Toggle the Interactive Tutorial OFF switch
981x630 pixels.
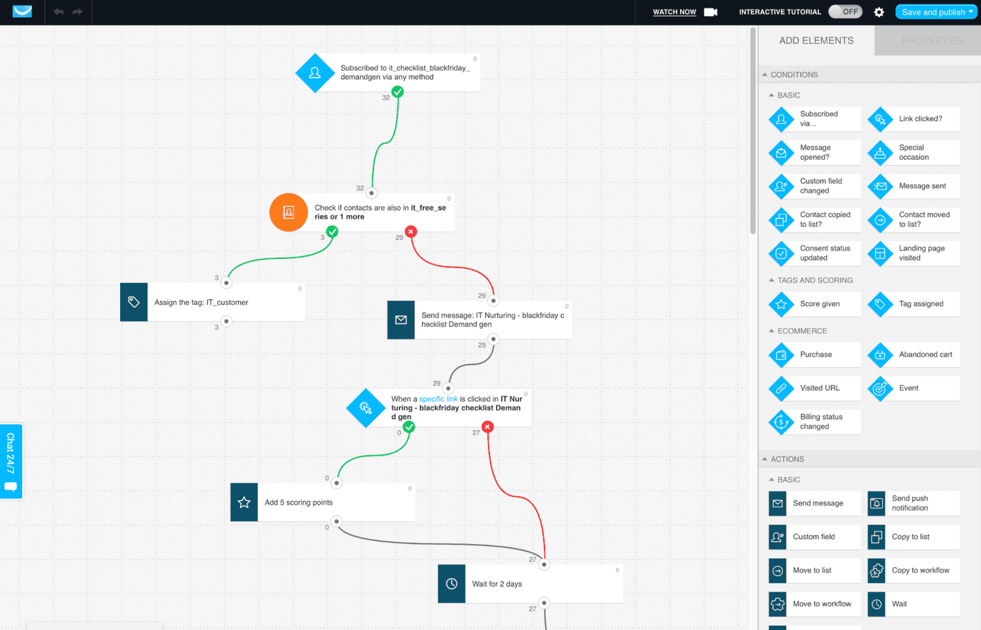click(x=845, y=12)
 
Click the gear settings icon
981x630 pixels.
click(x=879, y=12)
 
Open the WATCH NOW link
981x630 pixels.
click(x=674, y=12)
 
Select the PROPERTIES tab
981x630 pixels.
click(x=931, y=40)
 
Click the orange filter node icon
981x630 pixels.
click(x=288, y=212)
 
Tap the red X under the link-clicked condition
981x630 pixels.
click(x=487, y=427)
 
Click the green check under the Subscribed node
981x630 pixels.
click(x=398, y=92)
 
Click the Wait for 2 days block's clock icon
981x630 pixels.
click(x=451, y=584)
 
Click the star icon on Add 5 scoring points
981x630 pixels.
click(x=244, y=502)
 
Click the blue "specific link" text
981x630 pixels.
click(x=438, y=399)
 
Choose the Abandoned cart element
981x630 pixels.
click(x=914, y=355)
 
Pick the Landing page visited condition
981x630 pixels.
click(x=914, y=253)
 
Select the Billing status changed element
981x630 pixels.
click(x=815, y=421)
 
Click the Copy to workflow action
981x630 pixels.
click(x=914, y=570)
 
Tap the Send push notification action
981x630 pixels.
click(x=914, y=503)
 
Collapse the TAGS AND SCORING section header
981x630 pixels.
click(x=814, y=280)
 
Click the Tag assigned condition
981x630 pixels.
click(x=914, y=304)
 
